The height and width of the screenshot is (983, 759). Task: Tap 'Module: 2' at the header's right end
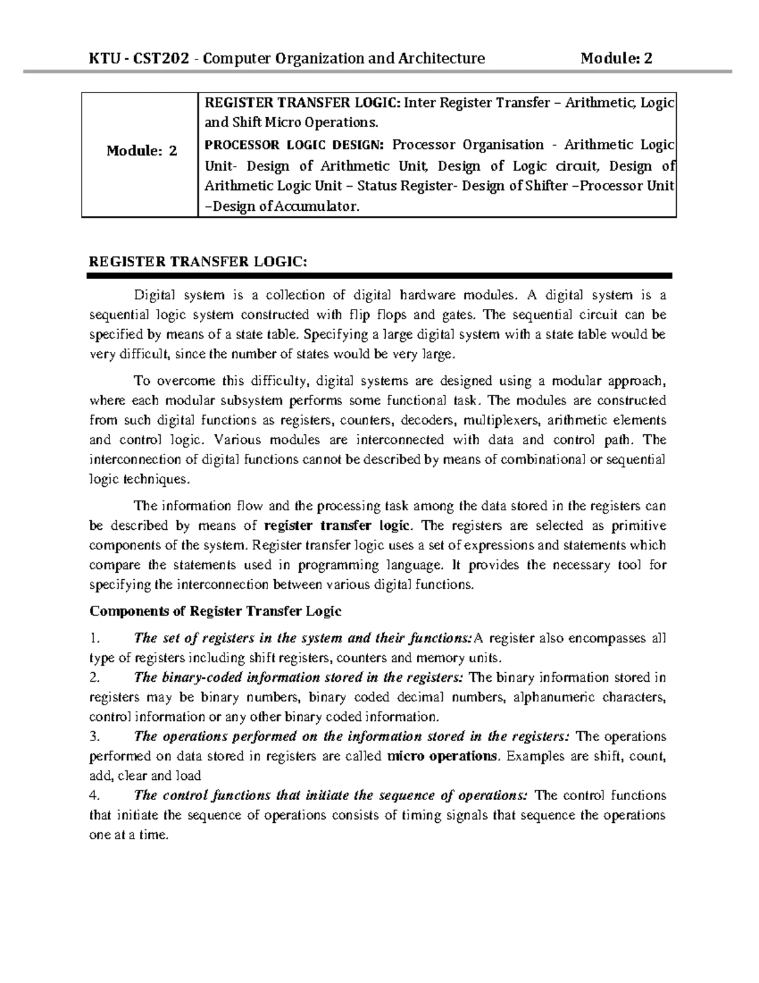click(617, 59)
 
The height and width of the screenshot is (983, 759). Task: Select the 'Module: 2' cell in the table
click(142, 151)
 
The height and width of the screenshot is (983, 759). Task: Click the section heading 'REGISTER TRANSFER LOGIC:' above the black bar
click(197, 262)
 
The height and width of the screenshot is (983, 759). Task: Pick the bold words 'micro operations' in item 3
click(442, 756)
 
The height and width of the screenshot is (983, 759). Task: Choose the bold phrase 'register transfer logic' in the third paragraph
click(338, 525)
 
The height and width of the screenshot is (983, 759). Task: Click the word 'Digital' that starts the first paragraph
click(154, 295)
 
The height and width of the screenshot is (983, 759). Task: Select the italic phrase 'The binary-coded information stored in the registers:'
click(299, 677)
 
